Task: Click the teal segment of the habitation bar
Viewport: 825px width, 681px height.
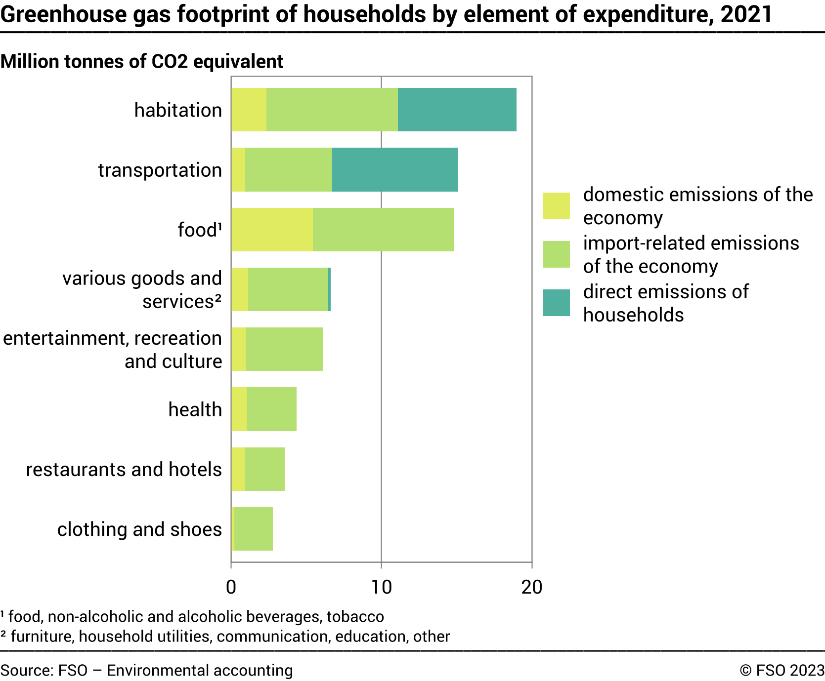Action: coord(457,110)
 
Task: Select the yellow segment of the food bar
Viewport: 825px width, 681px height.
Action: coord(272,230)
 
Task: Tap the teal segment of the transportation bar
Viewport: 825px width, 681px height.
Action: coord(395,169)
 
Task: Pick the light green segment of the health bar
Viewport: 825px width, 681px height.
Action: coord(271,409)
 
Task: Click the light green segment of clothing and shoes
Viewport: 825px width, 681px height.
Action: coord(254,529)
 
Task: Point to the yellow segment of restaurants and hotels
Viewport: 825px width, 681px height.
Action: coord(238,469)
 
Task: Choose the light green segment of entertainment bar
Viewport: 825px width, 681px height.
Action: coord(284,349)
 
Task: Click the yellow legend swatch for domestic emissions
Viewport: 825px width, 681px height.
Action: coord(556,205)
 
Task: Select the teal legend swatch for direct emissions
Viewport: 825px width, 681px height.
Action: coord(556,303)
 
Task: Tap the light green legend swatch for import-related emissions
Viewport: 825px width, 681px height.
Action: coord(556,254)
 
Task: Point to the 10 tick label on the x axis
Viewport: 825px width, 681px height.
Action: coord(381,587)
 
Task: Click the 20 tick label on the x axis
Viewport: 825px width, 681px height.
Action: coord(531,587)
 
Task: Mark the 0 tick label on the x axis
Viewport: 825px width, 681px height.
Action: coord(231,587)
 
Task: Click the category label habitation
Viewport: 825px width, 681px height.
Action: coord(178,110)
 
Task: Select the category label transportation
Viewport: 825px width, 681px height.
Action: coord(160,170)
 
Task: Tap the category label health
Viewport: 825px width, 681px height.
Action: coord(195,409)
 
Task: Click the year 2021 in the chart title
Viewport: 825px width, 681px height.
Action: coord(746,14)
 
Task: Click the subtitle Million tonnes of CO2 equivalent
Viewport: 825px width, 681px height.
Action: coord(142,62)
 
